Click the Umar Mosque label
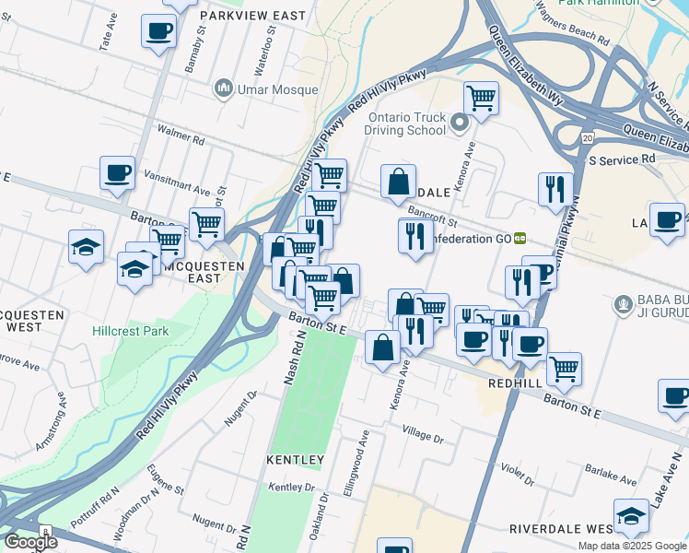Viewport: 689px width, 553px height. [x=275, y=89]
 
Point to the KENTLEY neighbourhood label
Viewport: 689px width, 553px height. [x=296, y=459]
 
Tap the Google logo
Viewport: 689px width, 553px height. [x=30, y=541]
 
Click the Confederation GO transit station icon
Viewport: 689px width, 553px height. [x=520, y=238]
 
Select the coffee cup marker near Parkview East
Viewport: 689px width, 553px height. [x=158, y=30]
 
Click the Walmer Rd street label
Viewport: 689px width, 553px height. [x=181, y=139]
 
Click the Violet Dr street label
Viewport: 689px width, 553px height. [x=518, y=472]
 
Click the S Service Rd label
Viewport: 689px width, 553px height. [x=622, y=159]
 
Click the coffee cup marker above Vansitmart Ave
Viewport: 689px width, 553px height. [x=118, y=172]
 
